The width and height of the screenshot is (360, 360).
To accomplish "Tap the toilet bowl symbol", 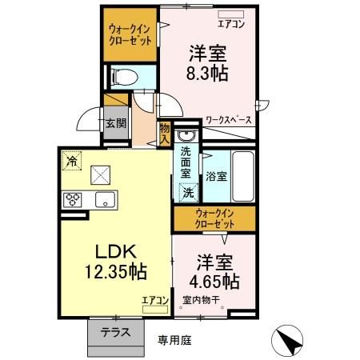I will point(125,78).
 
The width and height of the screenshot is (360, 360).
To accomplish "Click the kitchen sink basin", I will point(104,199).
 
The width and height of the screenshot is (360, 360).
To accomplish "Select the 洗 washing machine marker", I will point(188,192).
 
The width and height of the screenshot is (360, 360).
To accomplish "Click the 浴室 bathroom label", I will point(215,175).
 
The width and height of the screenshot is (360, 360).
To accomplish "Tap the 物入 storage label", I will point(165,132).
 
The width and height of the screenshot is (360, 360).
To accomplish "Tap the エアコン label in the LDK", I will point(154,301).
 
